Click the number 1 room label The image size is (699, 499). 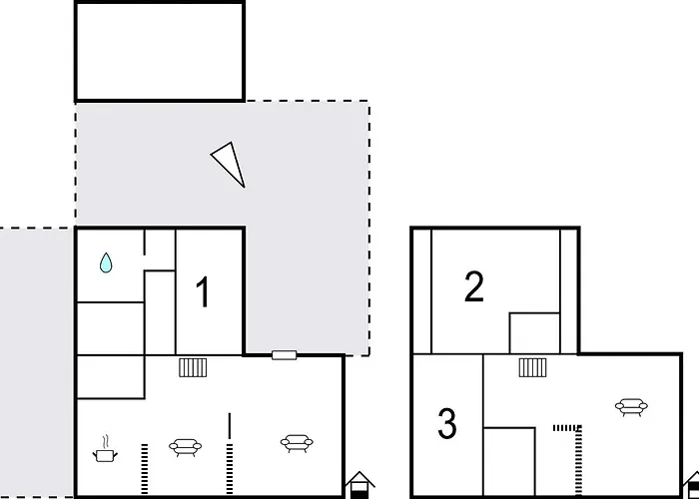[x=203, y=293]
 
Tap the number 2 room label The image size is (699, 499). [x=474, y=287]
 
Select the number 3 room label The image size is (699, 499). [x=447, y=424]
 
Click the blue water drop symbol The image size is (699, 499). [x=106, y=263]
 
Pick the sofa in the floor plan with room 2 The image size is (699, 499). [x=630, y=406]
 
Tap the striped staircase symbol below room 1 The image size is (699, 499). [x=193, y=367]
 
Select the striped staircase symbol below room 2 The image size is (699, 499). [x=532, y=367]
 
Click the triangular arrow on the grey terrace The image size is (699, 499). [x=231, y=163]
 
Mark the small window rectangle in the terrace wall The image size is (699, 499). [x=285, y=354]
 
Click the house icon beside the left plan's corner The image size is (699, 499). [x=359, y=485]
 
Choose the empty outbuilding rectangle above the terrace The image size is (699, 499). [x=160, y=51]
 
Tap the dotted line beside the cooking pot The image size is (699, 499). [x=144, y=470]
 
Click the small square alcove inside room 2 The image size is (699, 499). [x=534, y=333]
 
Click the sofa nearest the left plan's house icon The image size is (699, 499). [x=296, y=442]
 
